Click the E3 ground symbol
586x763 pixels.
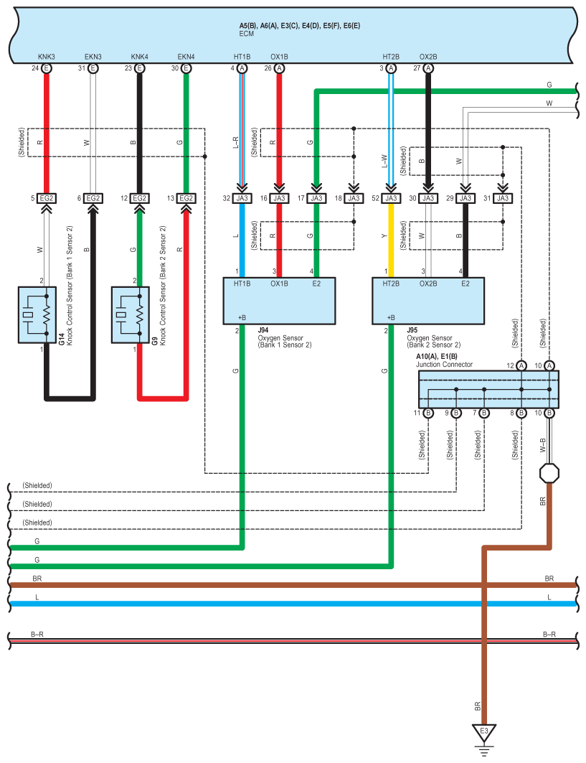484,734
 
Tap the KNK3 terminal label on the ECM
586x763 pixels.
47,56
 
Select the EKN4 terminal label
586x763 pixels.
186,56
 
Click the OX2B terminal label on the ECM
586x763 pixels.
428,56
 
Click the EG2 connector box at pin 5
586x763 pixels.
47,198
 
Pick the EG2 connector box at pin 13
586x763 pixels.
186,198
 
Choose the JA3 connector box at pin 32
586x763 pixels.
242,198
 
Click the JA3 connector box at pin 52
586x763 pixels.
391,198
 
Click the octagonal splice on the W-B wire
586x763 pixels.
549,473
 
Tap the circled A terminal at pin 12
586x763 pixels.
521,365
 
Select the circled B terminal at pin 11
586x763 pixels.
428,413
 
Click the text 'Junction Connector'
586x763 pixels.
444,365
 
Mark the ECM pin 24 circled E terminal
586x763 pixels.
47,68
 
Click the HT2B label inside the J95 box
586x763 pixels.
391,284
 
